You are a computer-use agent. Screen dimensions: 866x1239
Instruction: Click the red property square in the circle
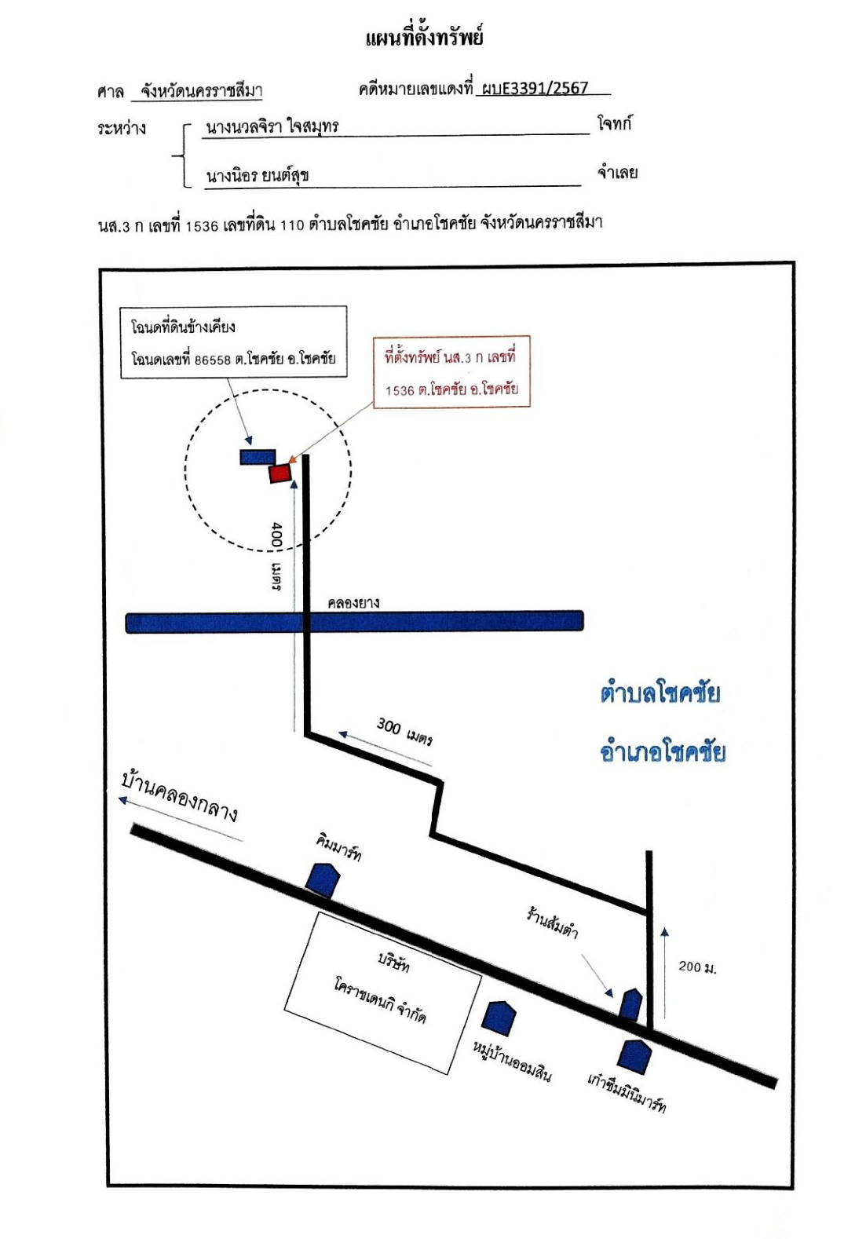click(x=280, y=473)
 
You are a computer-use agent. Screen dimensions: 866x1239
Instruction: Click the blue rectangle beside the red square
click(x=258, y=457)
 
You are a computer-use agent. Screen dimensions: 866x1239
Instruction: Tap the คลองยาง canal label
click(x=353, y=602)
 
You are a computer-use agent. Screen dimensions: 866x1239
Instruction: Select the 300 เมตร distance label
click(x=404, y=731)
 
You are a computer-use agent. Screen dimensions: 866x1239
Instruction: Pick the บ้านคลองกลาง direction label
click(x=179, y=796)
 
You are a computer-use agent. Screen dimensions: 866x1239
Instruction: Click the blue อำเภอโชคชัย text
click(x=663, y=751)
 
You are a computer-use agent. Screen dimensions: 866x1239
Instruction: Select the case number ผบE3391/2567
click(x=535, y=88)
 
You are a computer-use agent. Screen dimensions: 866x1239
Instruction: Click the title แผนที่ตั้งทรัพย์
click(x=425, y=38)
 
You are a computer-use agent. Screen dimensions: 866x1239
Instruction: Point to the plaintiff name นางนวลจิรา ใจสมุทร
click(x=272, y=126)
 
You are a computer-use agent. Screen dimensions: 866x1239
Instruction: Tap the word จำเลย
click(x=617, y=173)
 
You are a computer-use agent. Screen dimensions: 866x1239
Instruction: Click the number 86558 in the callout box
click(x=213, y=360)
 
